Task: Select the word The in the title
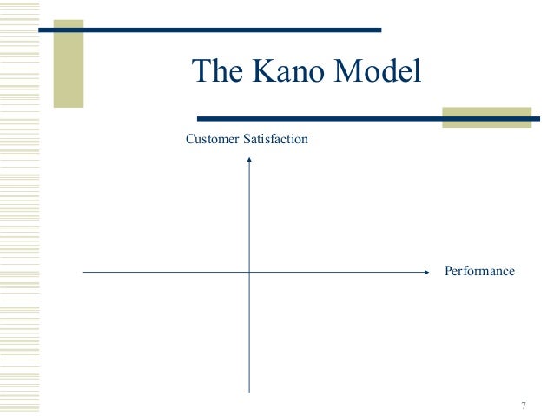pyautogui.click(x=215, y=71)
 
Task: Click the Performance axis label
pyautogui.click(x=479, y=271)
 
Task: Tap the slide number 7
pyautogui.click(x=524, y=406)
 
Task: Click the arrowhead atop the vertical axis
pyautogui.click(x=250, y=160)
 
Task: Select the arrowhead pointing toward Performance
pyautogui.click(x=426, y=272)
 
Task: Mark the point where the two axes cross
pyautogui.click(x=250, y=272)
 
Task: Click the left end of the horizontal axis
pyautogui.click(x=84, y=272)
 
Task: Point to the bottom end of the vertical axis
pyautogui.click(x=250, y=391)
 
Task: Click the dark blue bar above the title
pyautogui.click(x=208, y=30)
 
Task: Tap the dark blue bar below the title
pyautogui.click(x=365, y=118)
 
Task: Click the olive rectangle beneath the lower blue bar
pyautogui.click(x=486, y=117)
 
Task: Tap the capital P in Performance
pyautogui.click(x=448, y=271)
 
